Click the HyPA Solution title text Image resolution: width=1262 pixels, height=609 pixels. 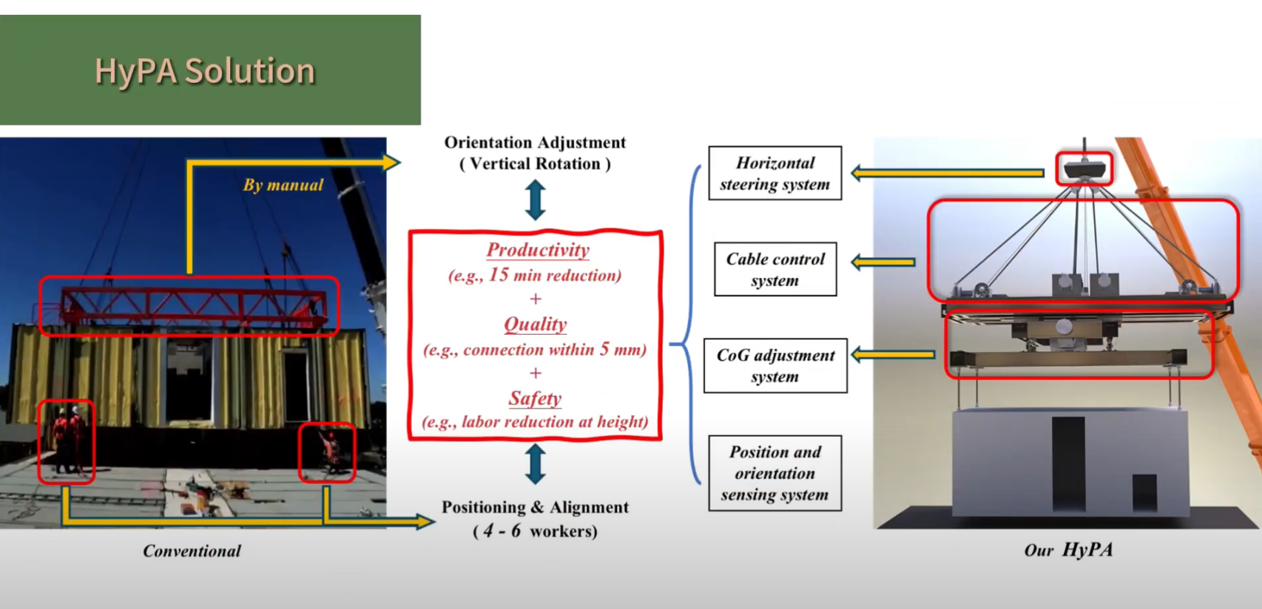click(x=205, y=72)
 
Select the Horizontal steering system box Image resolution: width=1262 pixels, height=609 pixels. click(x=775, y=173)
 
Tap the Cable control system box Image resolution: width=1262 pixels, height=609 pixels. click(x=775, y=269)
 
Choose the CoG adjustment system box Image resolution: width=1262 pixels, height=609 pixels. click(x=775, y=365)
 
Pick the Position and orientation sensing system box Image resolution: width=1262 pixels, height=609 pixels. click(x=775, y=473)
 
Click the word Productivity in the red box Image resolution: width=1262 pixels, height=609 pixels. click(x=538, y=250)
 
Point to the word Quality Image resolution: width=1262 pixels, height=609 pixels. click(x=535, y=324)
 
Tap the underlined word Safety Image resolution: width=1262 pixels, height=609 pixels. click(x=535, y=398)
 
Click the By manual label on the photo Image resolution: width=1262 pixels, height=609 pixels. click(x=283, y=185)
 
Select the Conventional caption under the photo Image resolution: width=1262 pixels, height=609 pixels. click(x=192, y=551)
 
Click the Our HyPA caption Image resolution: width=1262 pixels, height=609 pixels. click(x=1067, y=550)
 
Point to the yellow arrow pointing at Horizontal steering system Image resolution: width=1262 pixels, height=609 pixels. click(x=947, y=173)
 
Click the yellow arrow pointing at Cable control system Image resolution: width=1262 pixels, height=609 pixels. click(x=883, y=262)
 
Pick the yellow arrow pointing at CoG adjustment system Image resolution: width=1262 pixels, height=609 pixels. click(x=893, y=355)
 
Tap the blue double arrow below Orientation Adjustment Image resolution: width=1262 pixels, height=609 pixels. click(x=535, y=200)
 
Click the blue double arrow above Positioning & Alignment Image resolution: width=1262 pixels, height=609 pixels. click(x=535, y=463)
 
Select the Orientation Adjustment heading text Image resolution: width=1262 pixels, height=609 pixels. click(x=535, y=143)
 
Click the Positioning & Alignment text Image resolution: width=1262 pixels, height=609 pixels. click(x=535, y=508)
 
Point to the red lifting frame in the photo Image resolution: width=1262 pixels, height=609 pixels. click(x=192, y=304)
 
